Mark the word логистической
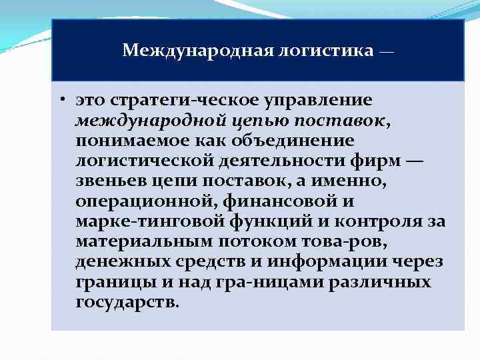click(x=145, y=161)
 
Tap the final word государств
click(x=127, y=301)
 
